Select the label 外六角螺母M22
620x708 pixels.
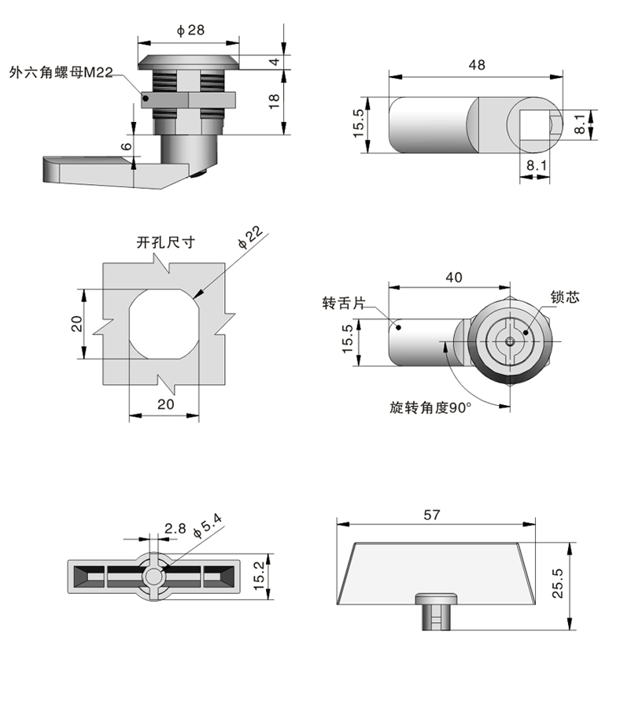(61, 72)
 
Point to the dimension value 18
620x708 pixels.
(275, 101)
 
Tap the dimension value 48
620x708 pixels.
(476, 66)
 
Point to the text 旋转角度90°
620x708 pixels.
(430, 407)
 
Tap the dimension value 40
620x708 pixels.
(454, 277)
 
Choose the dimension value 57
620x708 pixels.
(431, 515)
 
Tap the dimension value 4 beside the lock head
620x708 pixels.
(275, 61)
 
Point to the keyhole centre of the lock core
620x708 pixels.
(511, 341)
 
